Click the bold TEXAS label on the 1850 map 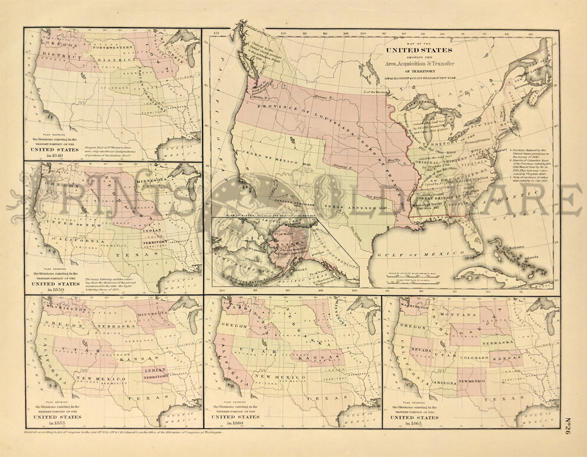(133, 256)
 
